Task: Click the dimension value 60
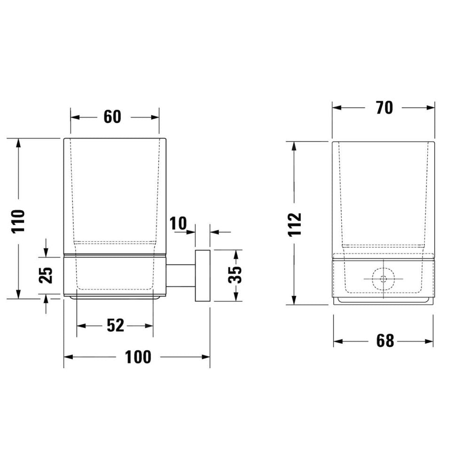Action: point(112,117)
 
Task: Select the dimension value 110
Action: point(19,221)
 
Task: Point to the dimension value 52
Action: point(115,325)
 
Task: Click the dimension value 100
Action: point(138,357)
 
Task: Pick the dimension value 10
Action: point(178,224)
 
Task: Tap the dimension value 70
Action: point(384,108)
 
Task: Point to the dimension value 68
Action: point(384,341)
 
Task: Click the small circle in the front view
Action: point(384,278)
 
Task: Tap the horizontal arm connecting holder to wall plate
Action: point(181,275)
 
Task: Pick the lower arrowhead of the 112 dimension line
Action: point(295,301)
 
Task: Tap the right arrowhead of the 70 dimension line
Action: point(431,108)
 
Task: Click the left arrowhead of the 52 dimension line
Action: point(80,325)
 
